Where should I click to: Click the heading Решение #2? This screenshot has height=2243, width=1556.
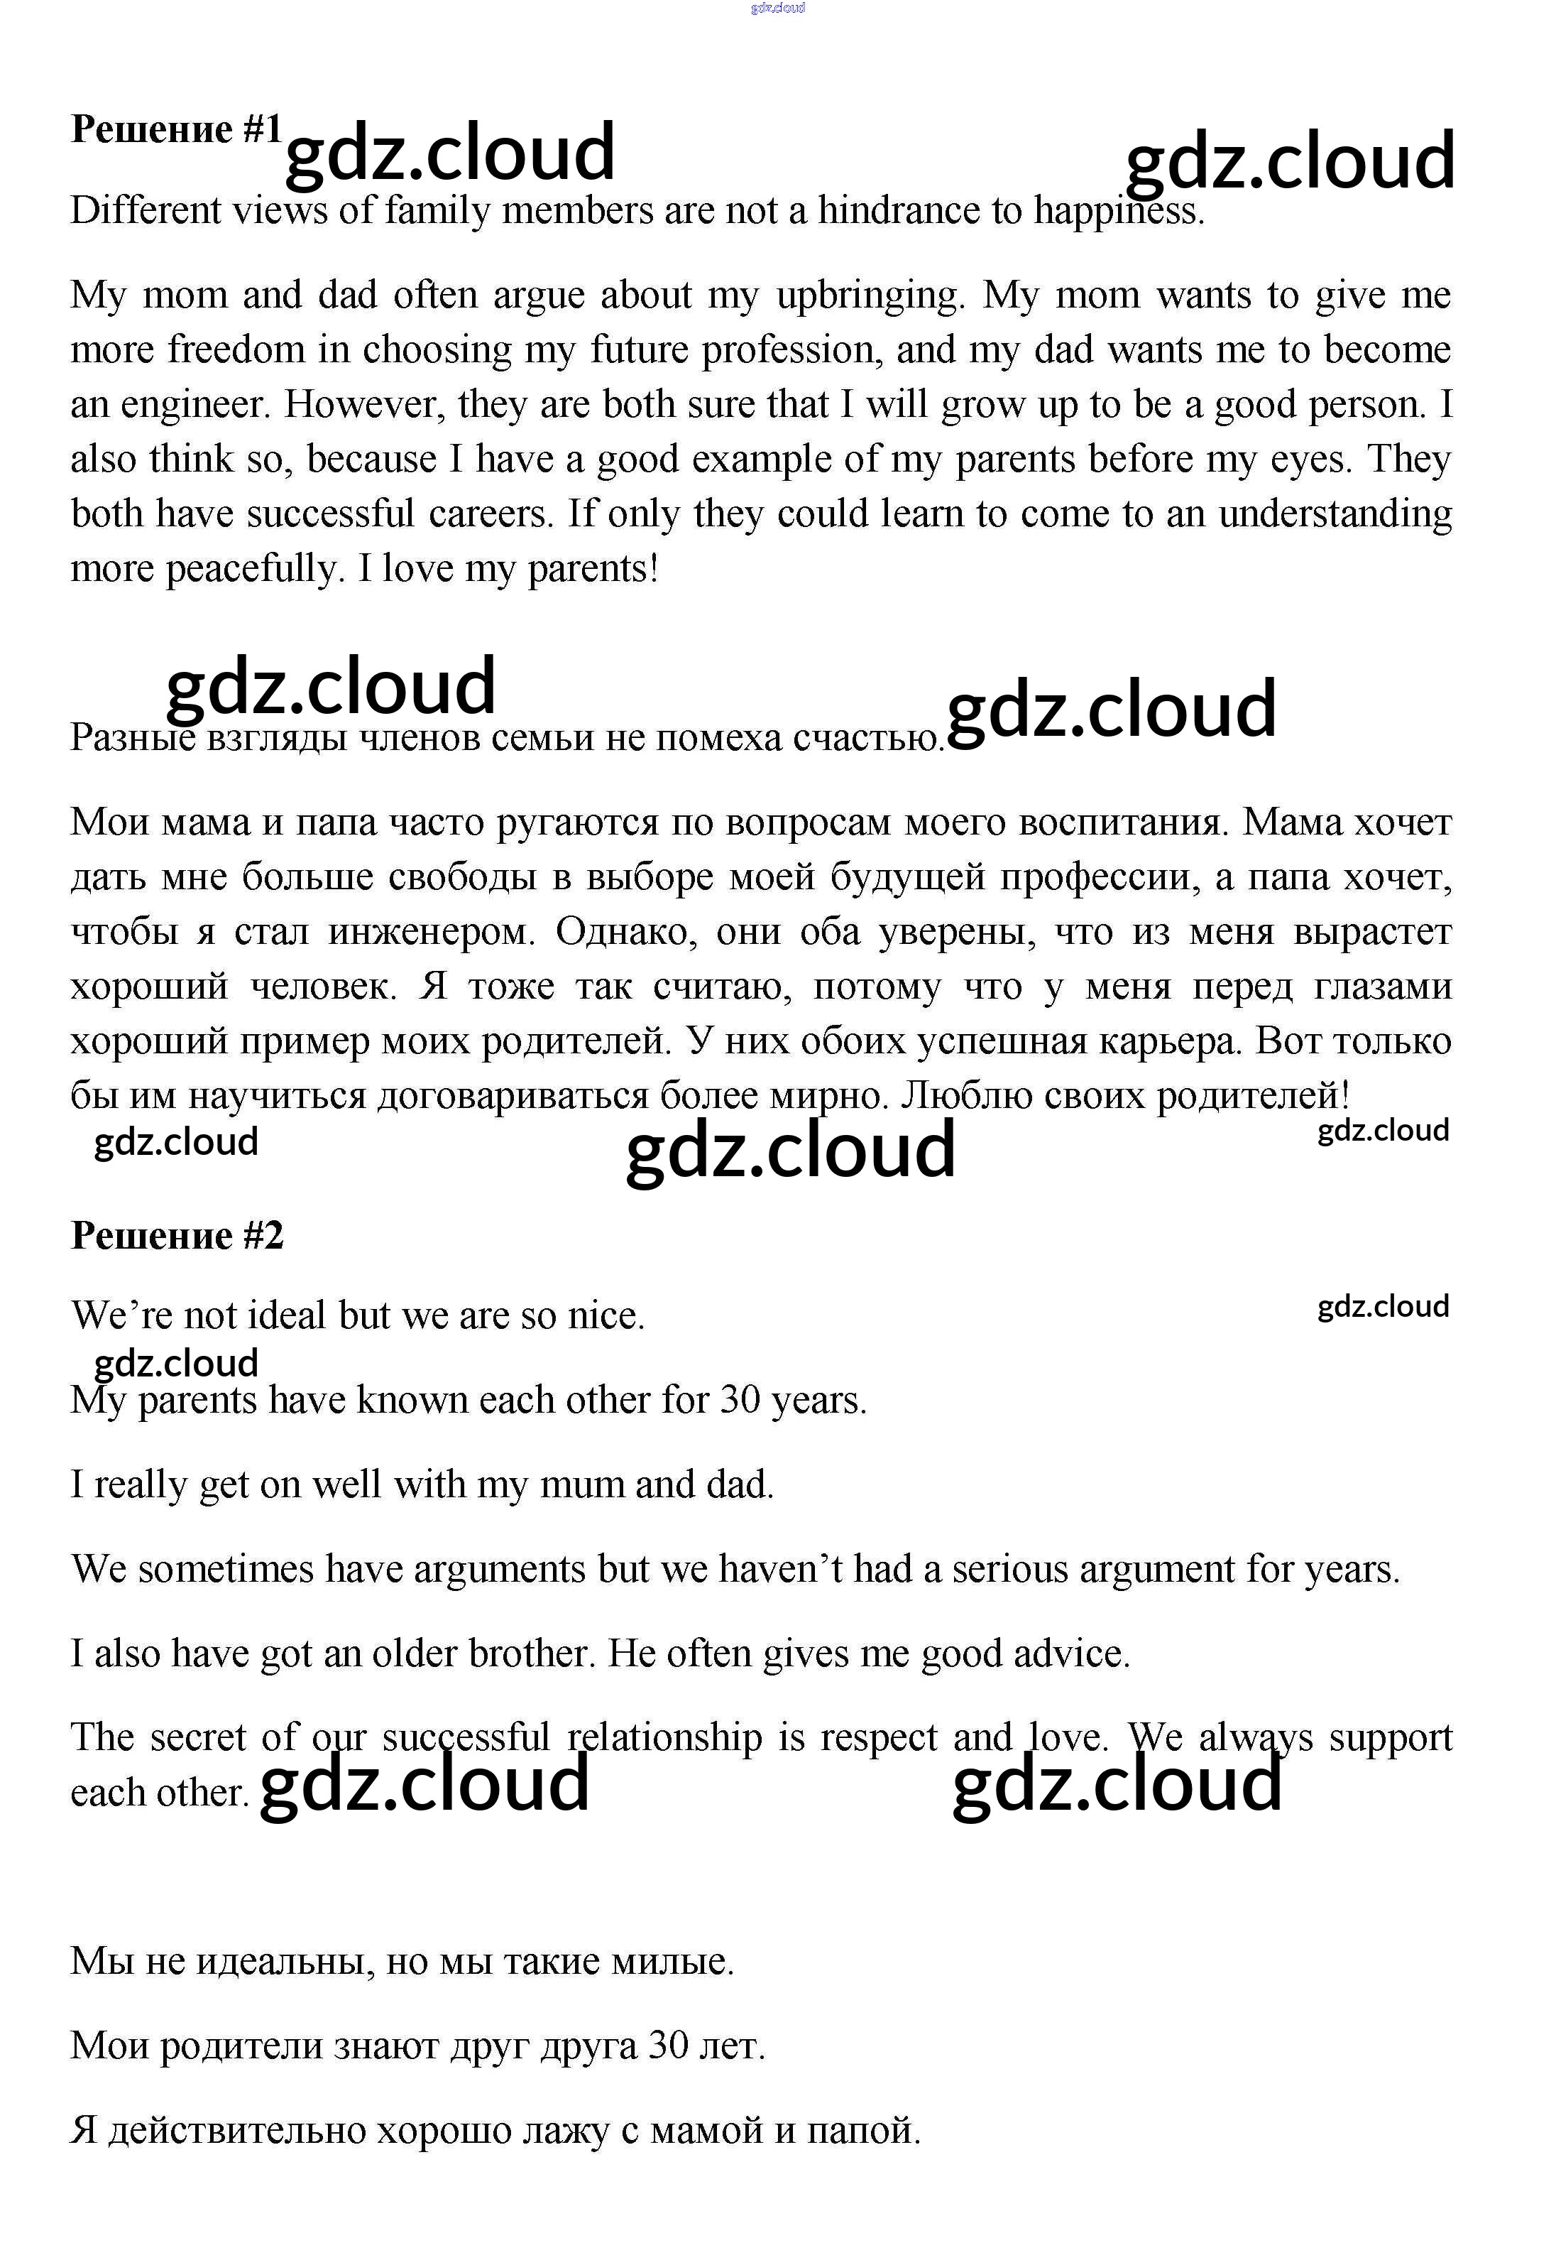(x=177, y=1237)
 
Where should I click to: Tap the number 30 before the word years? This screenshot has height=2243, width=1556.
(x=741, y=1401)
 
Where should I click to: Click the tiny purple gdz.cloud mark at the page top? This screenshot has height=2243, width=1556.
(x=777, y=9)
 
